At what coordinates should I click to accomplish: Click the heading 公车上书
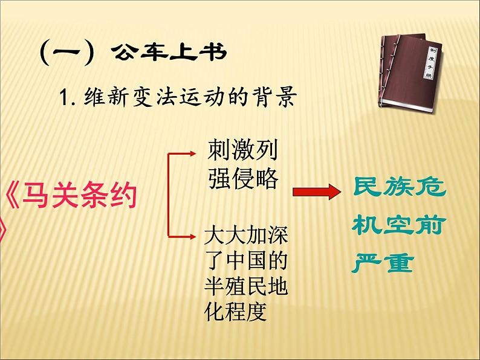pyautogui.click(x=169, y=54)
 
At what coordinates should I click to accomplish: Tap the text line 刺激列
pyautogui.click(x=242, y=149)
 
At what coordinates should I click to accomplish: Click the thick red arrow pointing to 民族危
pyautogui.click(x=314, y=193)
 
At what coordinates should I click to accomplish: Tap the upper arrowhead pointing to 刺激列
pyautogui.click(x=196, y=153)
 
